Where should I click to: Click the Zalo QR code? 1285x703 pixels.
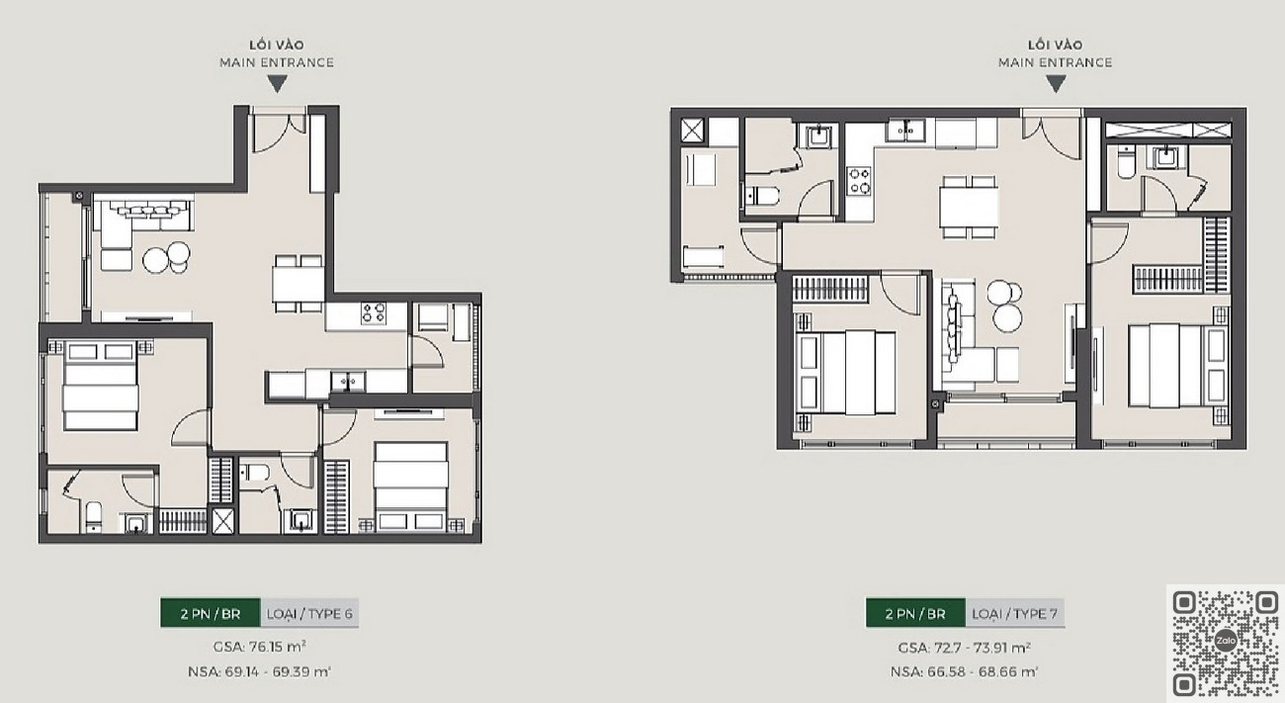(1226, 643)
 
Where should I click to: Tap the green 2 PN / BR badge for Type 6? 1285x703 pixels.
(211, 613)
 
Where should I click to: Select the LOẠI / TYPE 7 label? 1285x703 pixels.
(1014, 613)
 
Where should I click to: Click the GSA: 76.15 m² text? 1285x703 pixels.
(259, 647)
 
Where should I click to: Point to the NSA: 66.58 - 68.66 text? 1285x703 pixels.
(965, 671)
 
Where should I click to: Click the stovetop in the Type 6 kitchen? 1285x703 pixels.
(374, 312)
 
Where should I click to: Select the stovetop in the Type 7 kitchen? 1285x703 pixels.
(859, 180)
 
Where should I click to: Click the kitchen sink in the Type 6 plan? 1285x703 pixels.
(348, 382)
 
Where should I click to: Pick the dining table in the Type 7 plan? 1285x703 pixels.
(969, 207)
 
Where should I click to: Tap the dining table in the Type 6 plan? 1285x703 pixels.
(299, 285)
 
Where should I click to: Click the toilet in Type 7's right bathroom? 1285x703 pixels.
(1127, 162)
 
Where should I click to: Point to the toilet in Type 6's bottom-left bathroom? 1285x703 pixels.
(94, 516)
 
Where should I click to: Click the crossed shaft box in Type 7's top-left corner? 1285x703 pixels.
(692, 130)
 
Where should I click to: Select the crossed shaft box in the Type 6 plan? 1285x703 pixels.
(223, 521)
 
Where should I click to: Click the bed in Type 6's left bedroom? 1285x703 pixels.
(101, 387)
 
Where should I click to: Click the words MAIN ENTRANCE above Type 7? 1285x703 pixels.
(1056, 62)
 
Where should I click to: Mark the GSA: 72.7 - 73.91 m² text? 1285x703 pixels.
(965, 648)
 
